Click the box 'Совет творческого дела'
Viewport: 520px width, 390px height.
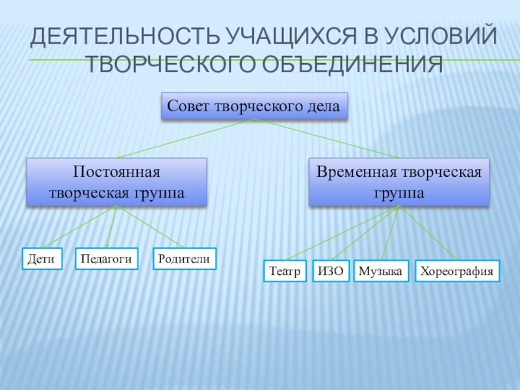point(253,106)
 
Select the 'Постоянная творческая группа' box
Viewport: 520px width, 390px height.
point(116,182)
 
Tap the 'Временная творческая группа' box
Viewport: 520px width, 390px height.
point(398,182)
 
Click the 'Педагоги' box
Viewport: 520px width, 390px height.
point(107,258)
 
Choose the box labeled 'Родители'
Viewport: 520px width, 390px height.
point(185,258)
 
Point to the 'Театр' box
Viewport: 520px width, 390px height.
point(285,271)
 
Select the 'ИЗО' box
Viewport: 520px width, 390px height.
point(331,271)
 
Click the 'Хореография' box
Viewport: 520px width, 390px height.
point(458,271)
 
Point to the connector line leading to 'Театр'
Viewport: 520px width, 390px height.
point(342,233)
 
